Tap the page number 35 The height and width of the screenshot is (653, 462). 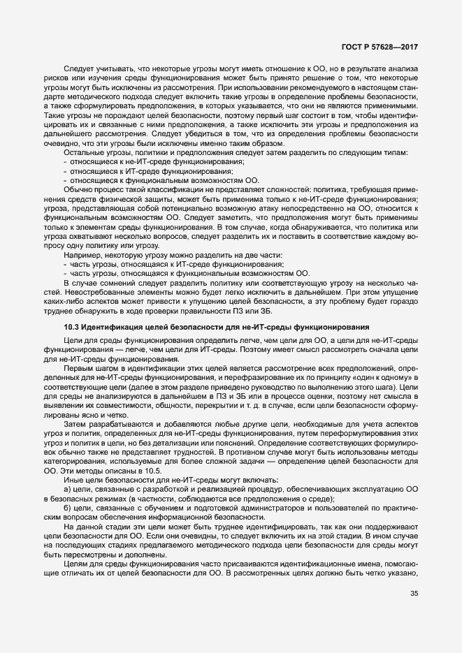tap(415, 614)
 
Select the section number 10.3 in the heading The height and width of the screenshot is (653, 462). tap(71, 327)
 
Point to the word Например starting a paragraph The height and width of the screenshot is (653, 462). tap(83, 245)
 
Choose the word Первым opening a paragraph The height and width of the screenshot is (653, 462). tap(80, 367)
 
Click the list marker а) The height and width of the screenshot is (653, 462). tap(67, 489)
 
